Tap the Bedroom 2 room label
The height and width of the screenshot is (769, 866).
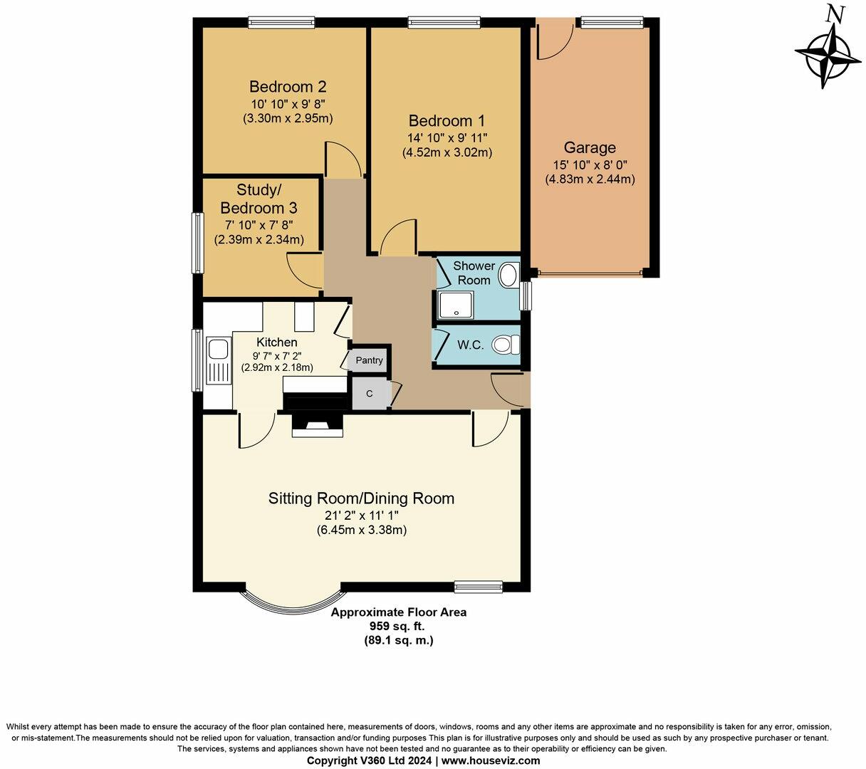(x=288, y=87)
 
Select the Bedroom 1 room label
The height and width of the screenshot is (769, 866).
(x=447, y=120)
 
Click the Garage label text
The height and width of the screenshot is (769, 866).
(x=590, y=148)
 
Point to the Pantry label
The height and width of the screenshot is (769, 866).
(x=369, y=360)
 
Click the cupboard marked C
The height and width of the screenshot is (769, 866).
(x=369, y=394)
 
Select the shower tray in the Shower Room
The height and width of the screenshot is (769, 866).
(x=452, y=305)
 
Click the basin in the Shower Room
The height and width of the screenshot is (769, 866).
(x=508, y=275)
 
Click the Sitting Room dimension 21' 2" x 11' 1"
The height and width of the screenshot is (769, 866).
(x=361, y=515)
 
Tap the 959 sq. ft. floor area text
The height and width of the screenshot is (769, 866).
(x=399, y=626)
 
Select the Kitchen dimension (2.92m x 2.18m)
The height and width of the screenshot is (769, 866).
(x=278, y=367)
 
